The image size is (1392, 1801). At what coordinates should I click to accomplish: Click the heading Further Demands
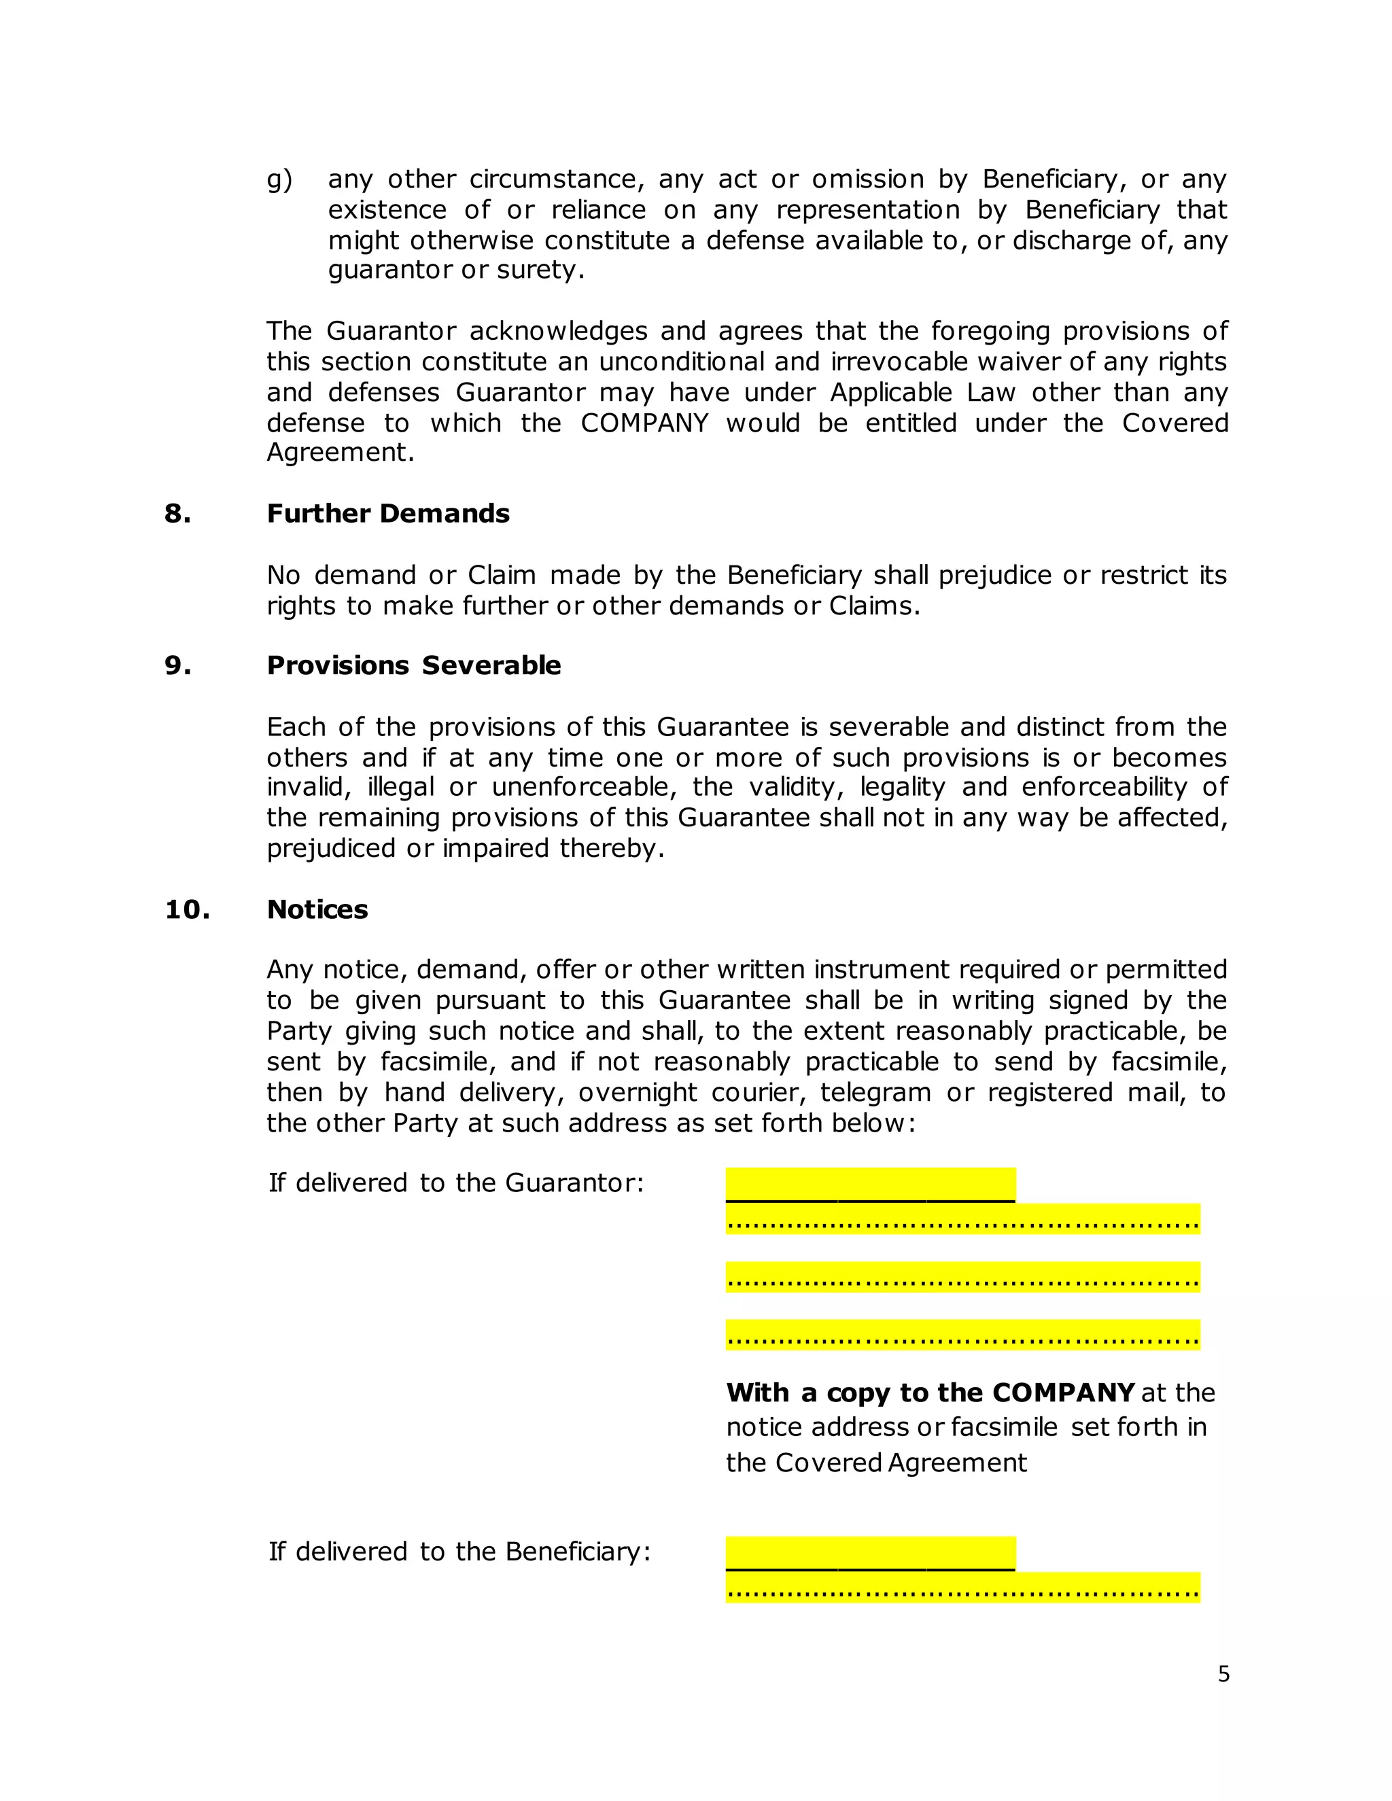387,514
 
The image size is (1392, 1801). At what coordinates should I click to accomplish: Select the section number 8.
177,514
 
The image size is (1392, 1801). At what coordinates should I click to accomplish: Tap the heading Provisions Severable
413,665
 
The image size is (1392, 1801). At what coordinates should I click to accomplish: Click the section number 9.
177,665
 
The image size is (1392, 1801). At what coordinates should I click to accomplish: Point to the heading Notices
317,909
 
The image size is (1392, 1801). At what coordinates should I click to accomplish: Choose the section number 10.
187,909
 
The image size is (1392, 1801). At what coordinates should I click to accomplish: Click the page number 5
1223,1674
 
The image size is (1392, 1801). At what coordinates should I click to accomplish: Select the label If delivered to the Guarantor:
455,1183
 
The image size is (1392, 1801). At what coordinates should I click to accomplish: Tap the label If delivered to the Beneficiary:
459,1552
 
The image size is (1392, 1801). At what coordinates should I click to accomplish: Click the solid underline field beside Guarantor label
870,1186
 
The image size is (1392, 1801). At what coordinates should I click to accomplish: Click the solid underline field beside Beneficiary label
870,1554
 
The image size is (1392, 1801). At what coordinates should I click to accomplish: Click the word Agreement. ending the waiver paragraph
340,453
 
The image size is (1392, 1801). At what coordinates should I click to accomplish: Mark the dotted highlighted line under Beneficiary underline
962,1588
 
